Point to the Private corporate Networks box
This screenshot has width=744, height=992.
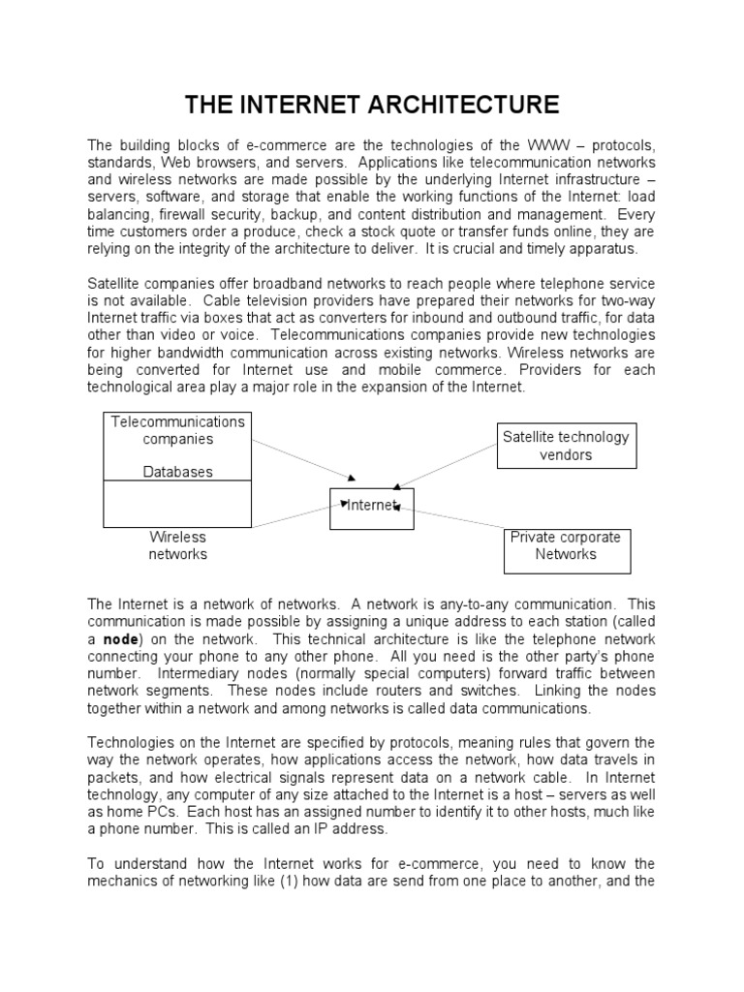pos(566,546)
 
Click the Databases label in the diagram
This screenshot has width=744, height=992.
pos(178,472)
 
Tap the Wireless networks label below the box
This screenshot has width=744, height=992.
pos(177,545)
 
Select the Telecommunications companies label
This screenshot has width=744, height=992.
pos(178,430)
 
